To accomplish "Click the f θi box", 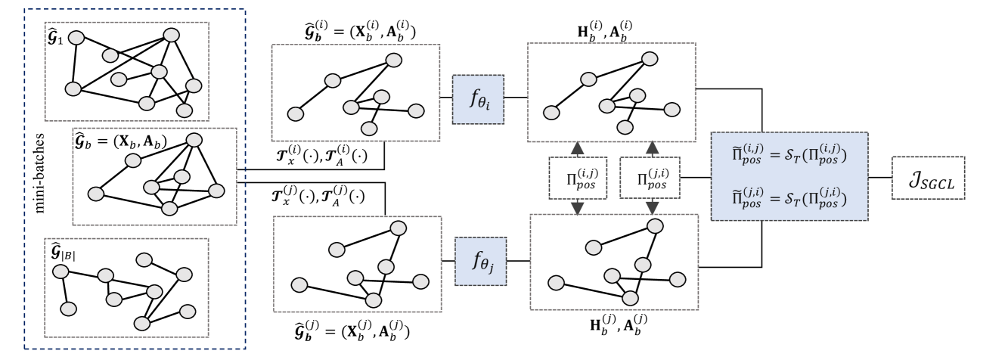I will pyautogui.click(x=477, y=99).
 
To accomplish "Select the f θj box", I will pyautogui.click(x=480, y=262).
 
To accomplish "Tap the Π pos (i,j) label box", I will pyautogui.click(x=578, y=178).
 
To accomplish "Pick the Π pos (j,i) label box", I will pyautogui.click(x=650, y=178).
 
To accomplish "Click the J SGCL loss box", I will pyautogui.click(x=928, y=178).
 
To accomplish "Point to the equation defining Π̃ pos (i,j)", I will pyautogui.click(x=789, y=155).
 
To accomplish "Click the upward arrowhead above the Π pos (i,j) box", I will pyautogui.click(x=578, y=148).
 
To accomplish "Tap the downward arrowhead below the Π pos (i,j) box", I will pyautogui.click(x=578, y=208).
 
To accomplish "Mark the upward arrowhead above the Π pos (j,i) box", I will pyautogui.click(x=650, y=148).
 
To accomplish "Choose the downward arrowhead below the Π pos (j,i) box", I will pyautogui.click(x=650, y=208).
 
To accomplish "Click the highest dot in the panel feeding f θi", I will pyautogui.click(x=393, y=61).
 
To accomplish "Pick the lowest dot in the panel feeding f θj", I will pyautogui.click(x=373, y=300).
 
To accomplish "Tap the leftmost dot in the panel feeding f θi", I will pyautogui.click(x=296, y=114).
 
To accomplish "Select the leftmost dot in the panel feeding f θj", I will pyautogui.click(x=299, y=285).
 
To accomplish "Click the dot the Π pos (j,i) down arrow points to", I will pyautogui.click(x=655, y=225).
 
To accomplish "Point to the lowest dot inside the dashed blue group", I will pyautogui.click(x=141, y=324).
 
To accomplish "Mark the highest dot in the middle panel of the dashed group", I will pyautogui.click(x=194, y=140).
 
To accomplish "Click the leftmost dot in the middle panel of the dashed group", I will pyautogui.click(x=95, y=194).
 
